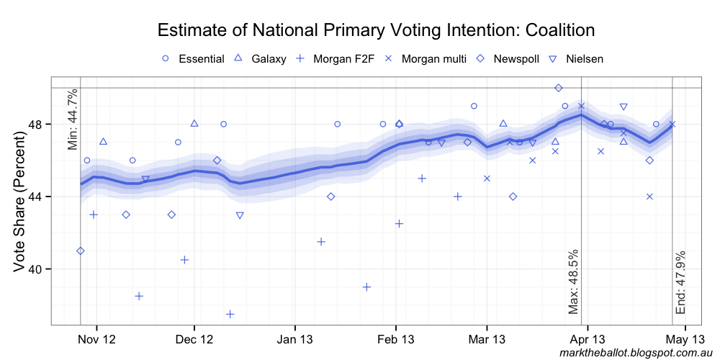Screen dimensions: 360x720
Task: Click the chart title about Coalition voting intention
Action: (376, 30)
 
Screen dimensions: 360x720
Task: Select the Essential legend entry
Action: (194, 58)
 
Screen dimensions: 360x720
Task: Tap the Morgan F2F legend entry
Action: (335, 58)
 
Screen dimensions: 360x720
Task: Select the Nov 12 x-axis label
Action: (96, 338)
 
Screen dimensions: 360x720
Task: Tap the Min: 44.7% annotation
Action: (72, 120)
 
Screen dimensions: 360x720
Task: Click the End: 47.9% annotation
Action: (681, 282)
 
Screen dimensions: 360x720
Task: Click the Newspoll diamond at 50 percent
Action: (559, 88)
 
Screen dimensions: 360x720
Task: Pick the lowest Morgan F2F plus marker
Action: (230, 314)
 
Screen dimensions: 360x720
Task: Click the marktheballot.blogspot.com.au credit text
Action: (636, 353)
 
